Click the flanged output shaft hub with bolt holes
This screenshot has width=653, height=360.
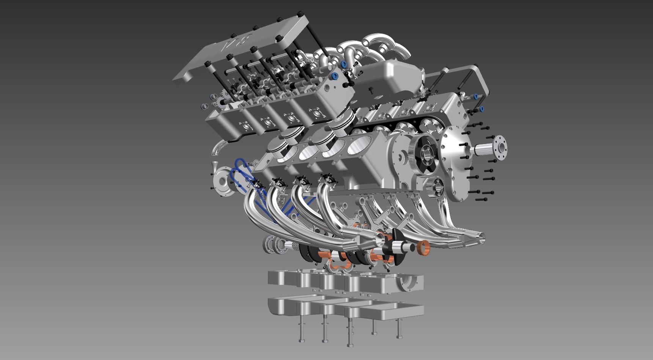499,147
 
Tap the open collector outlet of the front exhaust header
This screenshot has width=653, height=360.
381,239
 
